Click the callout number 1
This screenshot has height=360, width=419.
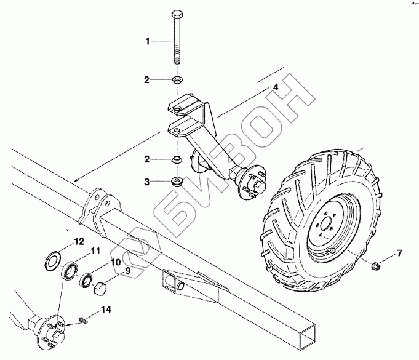click(x=148, y=41)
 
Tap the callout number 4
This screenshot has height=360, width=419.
click(x=276, y=88)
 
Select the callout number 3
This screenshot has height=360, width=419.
click(x=146, y=182)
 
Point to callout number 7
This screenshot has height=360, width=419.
click(x=398, y=252)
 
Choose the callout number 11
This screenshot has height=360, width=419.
click(x=95, y=251)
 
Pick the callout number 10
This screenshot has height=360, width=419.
click(x=114, y=262)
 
